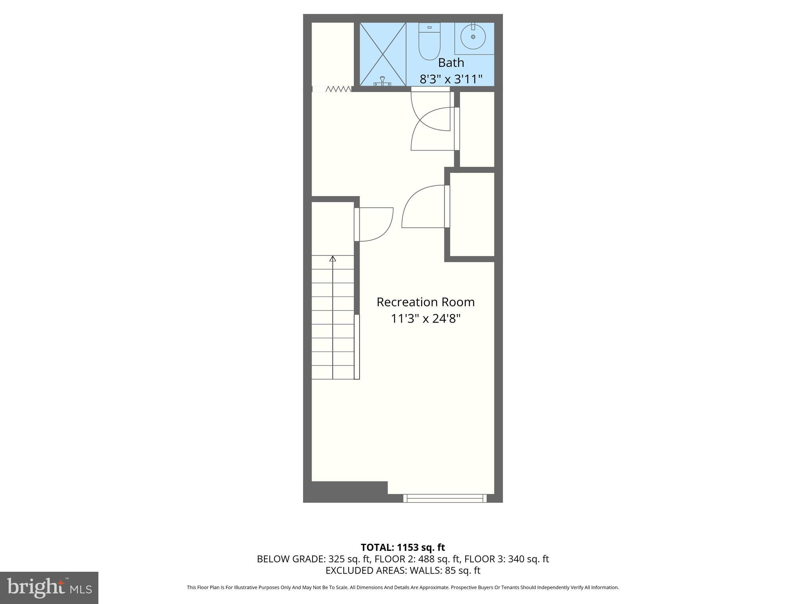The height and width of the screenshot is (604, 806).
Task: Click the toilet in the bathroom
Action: (429, 42)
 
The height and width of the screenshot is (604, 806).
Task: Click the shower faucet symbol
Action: (382, 81)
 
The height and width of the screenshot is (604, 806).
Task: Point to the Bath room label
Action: (451, 63)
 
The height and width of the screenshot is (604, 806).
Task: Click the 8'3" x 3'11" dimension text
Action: (451, 79)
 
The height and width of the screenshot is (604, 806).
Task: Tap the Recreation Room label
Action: (425, 302)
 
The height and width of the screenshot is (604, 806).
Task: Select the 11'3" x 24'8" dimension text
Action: (425, 319)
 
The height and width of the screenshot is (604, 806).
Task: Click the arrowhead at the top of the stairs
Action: (333, 258)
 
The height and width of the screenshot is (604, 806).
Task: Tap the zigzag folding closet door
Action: (338, 89)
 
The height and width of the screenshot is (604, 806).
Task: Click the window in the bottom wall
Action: (445, 498)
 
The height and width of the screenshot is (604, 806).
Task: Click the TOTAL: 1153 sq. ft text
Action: (403, 547)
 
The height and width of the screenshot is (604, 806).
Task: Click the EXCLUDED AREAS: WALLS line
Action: (403, 571)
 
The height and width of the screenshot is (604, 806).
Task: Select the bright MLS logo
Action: (49, 587)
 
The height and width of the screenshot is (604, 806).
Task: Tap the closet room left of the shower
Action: (333, 53)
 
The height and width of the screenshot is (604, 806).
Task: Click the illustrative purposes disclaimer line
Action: (403, 587)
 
